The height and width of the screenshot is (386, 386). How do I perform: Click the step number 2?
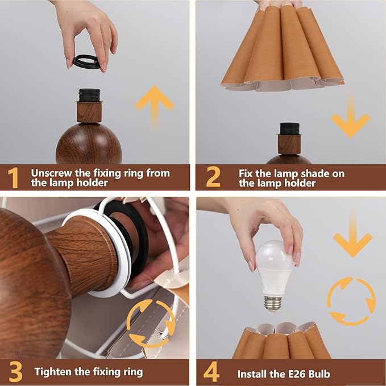point(212,177)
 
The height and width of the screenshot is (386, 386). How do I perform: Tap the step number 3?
point(15,372)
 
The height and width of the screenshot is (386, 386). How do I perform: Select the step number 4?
point(211,372)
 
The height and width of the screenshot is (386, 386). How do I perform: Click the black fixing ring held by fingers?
point(86,61)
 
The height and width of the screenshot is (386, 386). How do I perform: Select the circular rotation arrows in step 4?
point(351,300)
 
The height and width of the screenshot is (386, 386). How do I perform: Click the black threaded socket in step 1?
point(89,95)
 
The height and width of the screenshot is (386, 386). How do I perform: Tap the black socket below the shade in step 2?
point(289,129)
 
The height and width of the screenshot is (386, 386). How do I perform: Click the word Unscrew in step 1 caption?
point(52,173)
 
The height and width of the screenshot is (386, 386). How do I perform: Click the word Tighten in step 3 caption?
point(53,372)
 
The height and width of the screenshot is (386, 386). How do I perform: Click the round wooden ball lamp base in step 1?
point(88,145)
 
